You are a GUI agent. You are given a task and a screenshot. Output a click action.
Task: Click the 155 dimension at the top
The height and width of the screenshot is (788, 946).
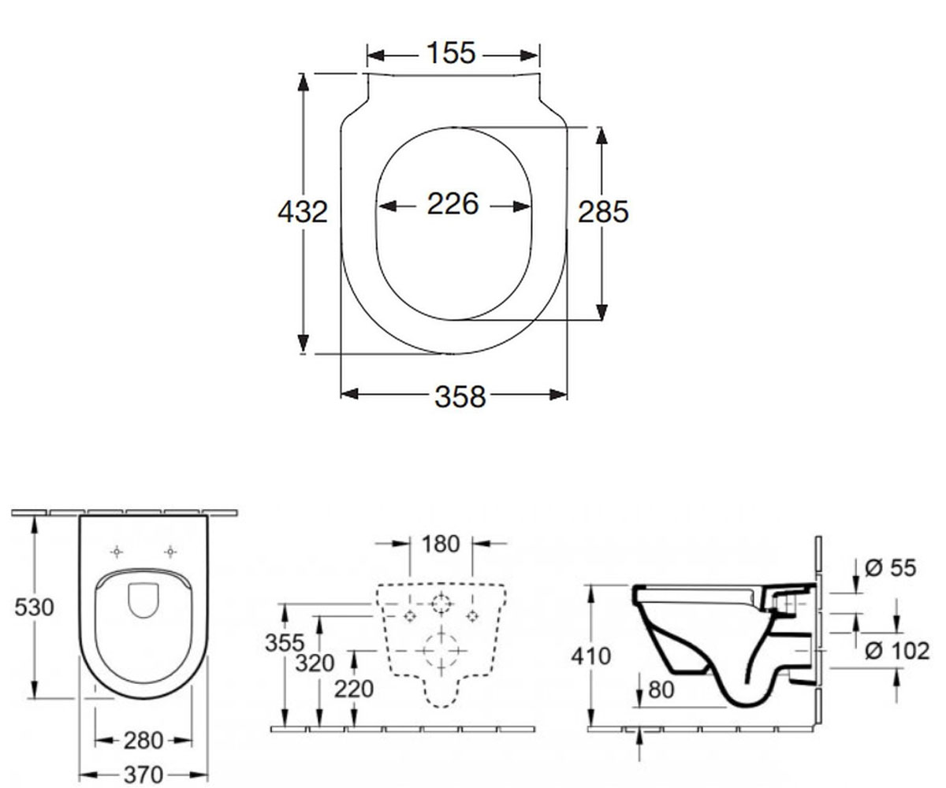[451, 53]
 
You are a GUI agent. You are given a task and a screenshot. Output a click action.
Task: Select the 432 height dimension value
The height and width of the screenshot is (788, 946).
[303, 212]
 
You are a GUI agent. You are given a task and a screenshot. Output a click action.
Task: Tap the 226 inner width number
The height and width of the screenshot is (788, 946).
[453, 204]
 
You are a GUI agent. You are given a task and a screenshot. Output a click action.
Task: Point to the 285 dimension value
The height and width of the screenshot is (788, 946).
[603, 211]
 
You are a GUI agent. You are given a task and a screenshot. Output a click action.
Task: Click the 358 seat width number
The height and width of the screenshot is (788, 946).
[460, 396]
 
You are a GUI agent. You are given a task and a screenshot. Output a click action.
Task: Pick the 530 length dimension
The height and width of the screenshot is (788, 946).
[34, 607]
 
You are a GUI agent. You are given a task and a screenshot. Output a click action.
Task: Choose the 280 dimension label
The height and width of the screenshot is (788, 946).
[143, 741]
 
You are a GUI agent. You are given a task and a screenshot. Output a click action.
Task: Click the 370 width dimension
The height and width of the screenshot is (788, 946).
[143, 775]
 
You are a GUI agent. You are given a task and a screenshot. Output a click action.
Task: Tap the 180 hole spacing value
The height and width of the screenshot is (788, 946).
[441, 544]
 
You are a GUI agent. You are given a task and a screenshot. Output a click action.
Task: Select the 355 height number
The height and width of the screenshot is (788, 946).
[285, 643]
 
